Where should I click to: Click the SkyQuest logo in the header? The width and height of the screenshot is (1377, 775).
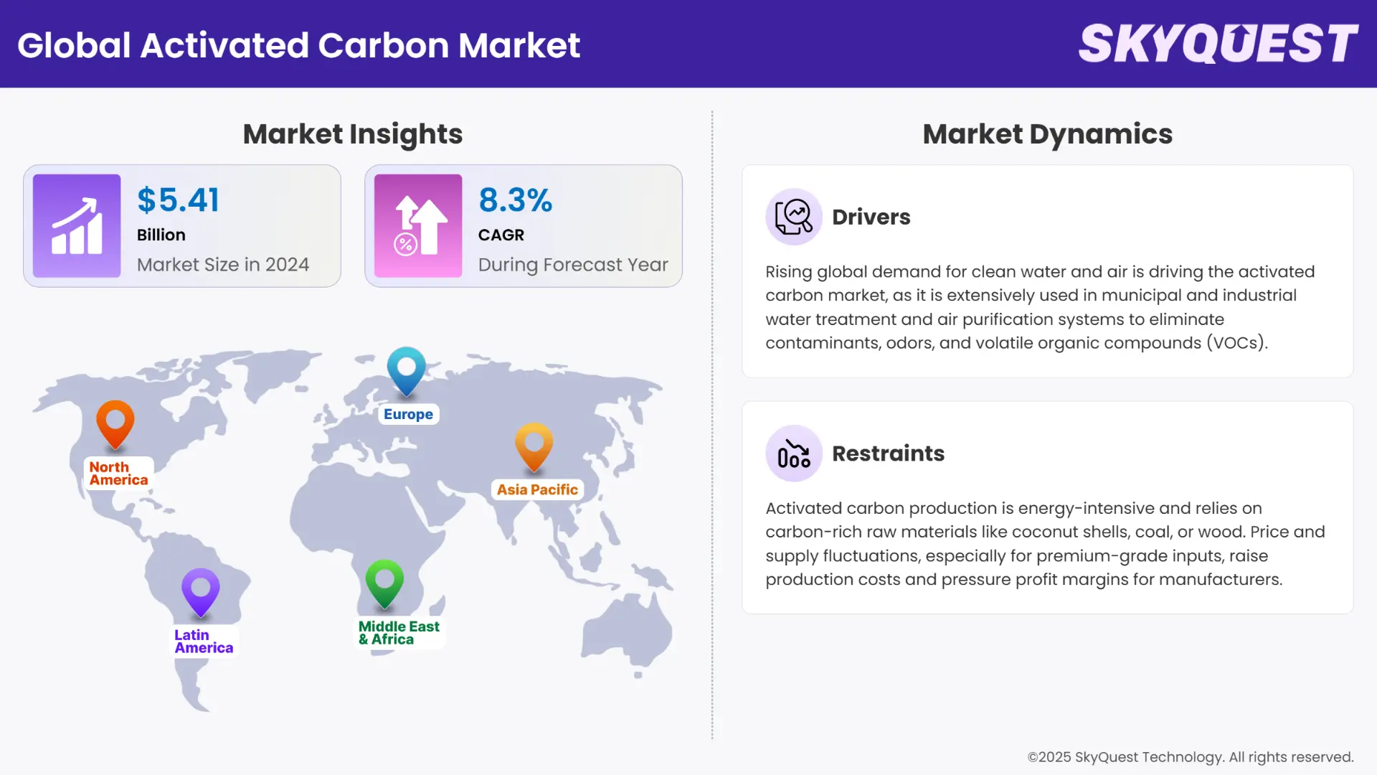coord(1218,44)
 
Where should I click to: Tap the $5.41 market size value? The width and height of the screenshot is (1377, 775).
coord(179,200)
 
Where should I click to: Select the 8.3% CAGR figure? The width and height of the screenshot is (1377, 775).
coord(515,200)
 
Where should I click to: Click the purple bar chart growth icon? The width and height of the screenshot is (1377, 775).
coord(77,226)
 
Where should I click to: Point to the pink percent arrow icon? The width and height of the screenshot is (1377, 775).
coord(418,226)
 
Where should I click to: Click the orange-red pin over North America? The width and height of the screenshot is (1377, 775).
coord(115,423)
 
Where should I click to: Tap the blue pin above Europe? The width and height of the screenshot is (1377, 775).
coord(407,370)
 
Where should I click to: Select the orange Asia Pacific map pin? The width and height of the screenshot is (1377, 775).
coord(534,445)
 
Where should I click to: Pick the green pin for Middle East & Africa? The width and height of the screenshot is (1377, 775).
coord(384,581)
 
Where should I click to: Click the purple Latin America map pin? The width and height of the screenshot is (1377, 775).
coord(201,591)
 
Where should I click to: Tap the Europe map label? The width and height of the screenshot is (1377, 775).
coord(408,414)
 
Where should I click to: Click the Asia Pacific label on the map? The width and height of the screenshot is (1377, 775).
coord(537,489)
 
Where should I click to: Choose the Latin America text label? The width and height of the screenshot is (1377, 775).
coord(204,642)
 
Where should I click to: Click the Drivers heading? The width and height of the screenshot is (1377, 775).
coord(871,217)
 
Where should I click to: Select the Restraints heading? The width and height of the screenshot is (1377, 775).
coord(888,454)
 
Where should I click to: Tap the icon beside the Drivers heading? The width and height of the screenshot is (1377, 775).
coord(793,217)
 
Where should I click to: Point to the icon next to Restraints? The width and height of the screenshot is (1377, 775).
coord(793,454)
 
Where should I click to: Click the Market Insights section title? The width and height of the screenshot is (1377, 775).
coord(353,134)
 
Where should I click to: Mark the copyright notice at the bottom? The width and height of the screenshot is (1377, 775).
coord(1190,757)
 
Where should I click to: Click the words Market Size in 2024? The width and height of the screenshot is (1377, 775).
coord(223,265)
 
